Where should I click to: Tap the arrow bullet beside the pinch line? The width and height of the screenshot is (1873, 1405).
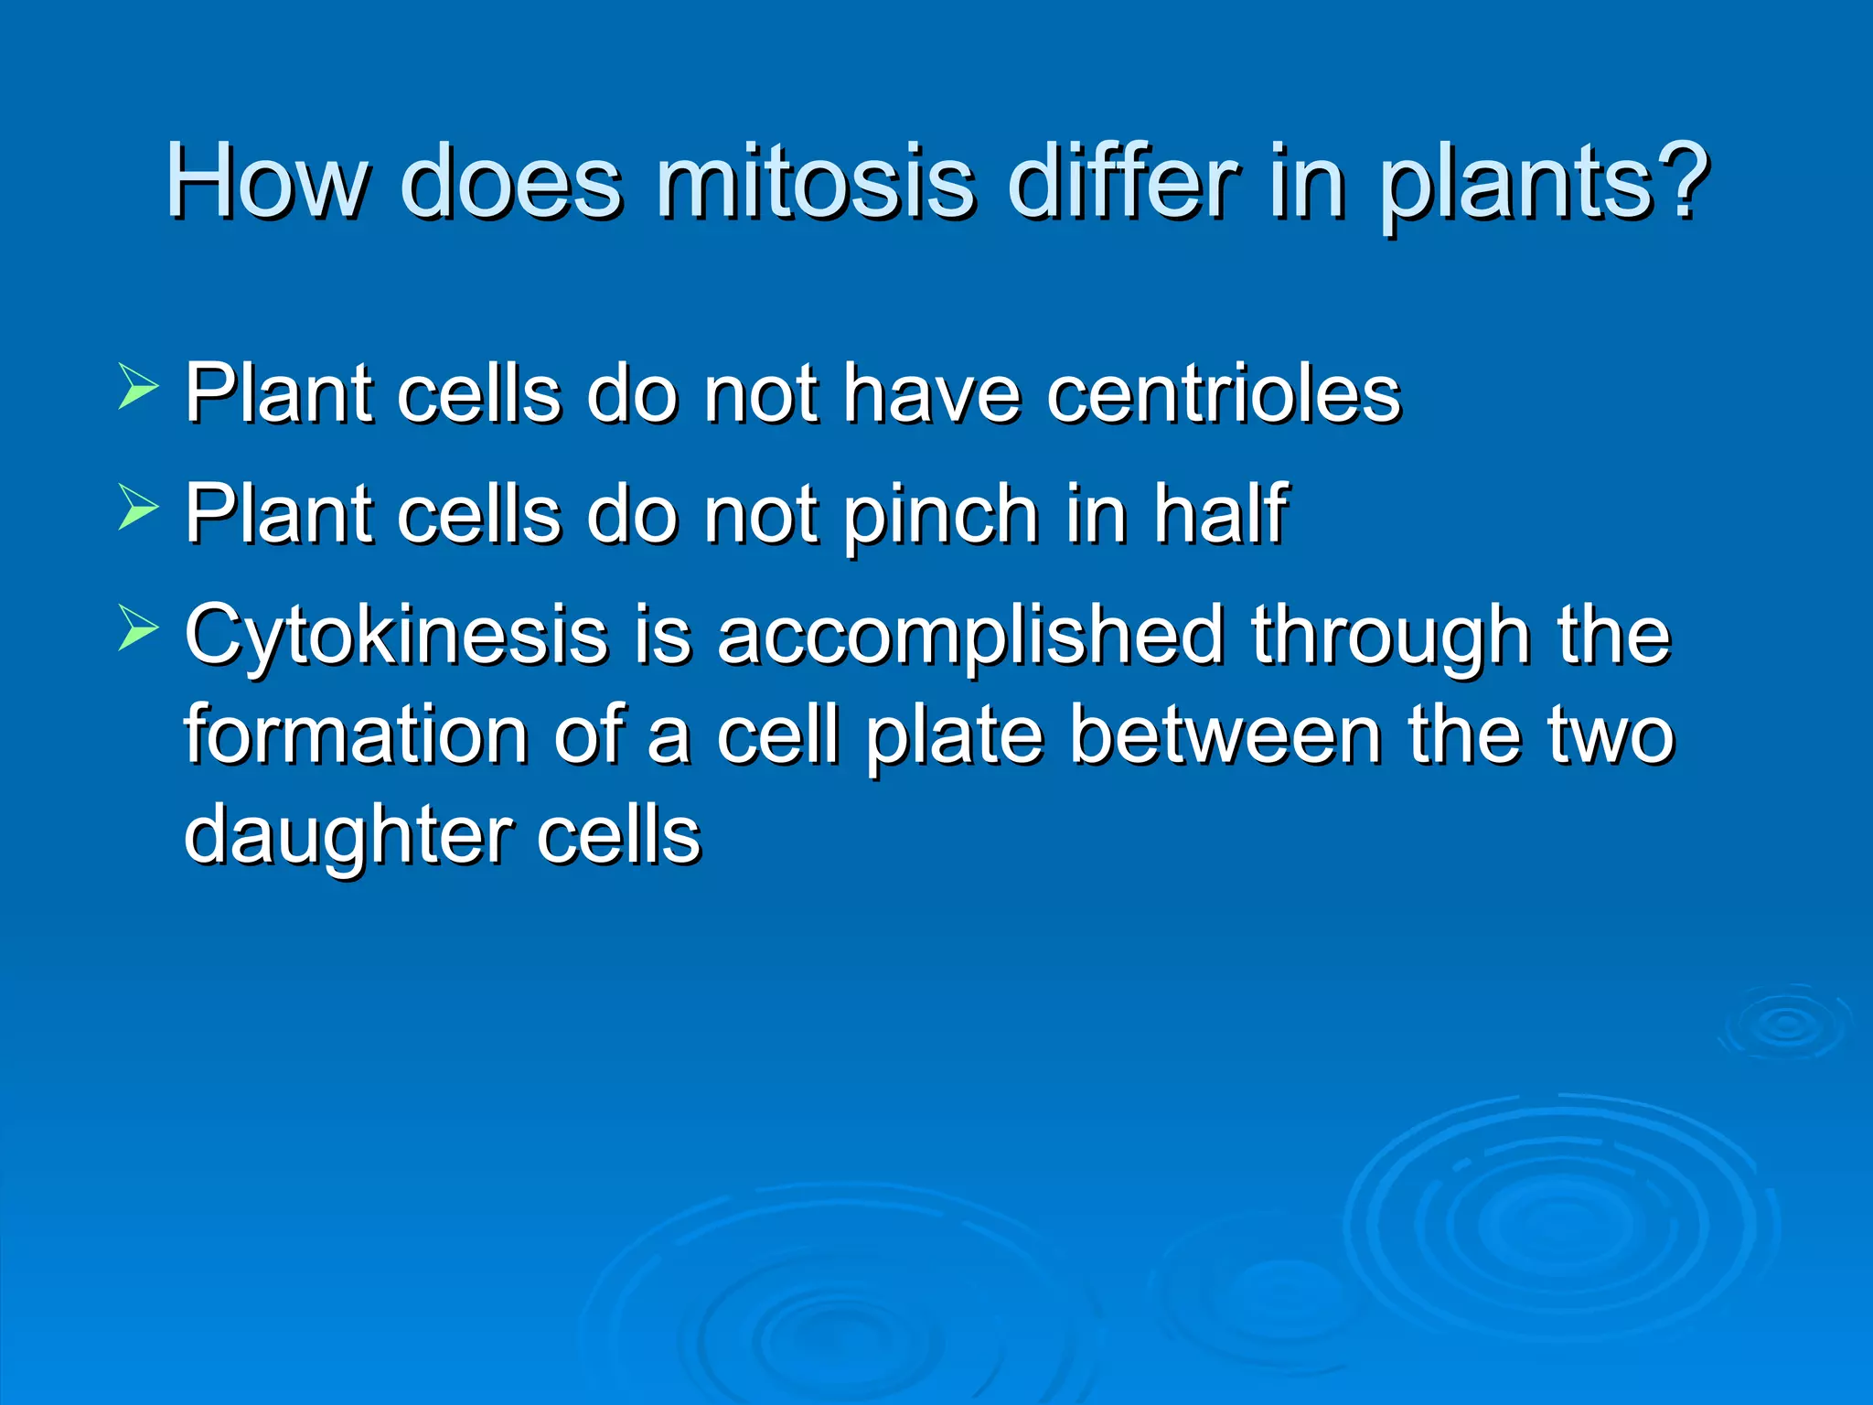138,508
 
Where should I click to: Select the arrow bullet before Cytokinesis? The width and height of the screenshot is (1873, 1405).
138,628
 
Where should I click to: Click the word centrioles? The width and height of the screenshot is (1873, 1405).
1224,394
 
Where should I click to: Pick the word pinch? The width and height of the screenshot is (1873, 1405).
942,515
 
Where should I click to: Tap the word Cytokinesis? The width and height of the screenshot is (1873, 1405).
396,636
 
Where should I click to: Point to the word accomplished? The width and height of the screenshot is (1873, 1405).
971,636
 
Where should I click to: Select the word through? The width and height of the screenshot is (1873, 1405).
1391,636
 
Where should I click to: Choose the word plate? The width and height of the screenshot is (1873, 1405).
954,736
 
